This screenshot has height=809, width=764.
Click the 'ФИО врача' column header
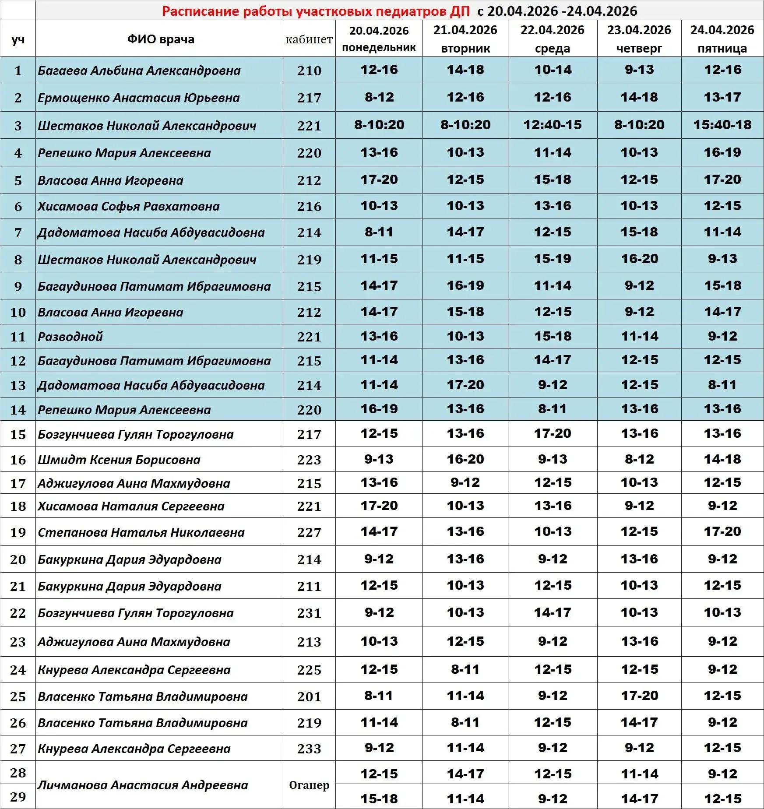161,39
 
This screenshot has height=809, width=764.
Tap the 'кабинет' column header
309,39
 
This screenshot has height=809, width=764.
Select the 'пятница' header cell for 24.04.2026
722,39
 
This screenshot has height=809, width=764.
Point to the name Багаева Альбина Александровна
139,70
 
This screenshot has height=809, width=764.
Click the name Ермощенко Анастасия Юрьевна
139,98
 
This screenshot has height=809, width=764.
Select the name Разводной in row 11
70,337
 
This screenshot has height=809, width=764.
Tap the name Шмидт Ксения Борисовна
119,460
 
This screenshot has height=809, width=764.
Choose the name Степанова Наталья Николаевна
141,532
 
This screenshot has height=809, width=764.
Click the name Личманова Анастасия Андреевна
143,785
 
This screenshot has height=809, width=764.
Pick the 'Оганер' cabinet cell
309,785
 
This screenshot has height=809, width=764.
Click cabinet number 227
309,532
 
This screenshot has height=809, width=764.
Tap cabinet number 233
309,749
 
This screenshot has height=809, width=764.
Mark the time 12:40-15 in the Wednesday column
553,125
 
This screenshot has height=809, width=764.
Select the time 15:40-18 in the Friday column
722,125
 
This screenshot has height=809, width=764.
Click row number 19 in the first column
18,532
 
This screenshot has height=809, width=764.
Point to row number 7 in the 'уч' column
18,232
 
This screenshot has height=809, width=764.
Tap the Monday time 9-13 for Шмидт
379,459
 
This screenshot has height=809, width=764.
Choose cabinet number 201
309,696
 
